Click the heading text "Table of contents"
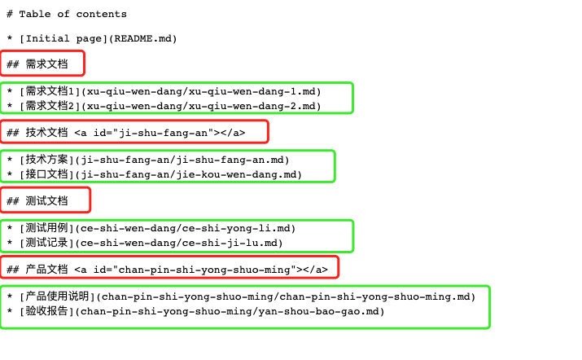coord(72,14)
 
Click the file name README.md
coord(143,38)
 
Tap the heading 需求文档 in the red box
coord(46,64)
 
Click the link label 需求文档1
coord(50,91)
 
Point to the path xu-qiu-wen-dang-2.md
coord(252,106)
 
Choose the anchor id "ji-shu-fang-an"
coord(164,133)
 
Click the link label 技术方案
coord(46,160)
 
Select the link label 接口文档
coord(46,174)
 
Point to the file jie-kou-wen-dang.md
coord(236,174)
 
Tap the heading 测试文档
coord(46,201)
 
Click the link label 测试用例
coord(46,228)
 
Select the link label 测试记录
coord(46,243)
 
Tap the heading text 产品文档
coord(46,270)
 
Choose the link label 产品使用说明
coord(57,296)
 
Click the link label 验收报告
coord(46,311)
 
